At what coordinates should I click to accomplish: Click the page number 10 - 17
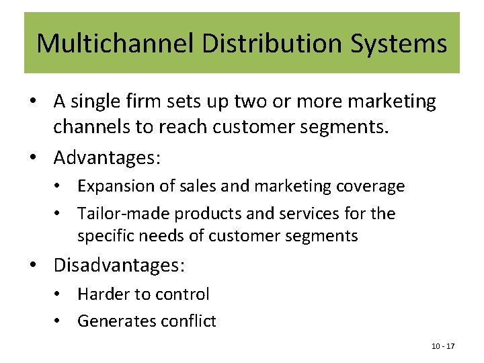(443, 346)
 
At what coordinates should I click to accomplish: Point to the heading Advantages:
(107, 158)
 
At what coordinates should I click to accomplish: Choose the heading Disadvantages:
(119, 266)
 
